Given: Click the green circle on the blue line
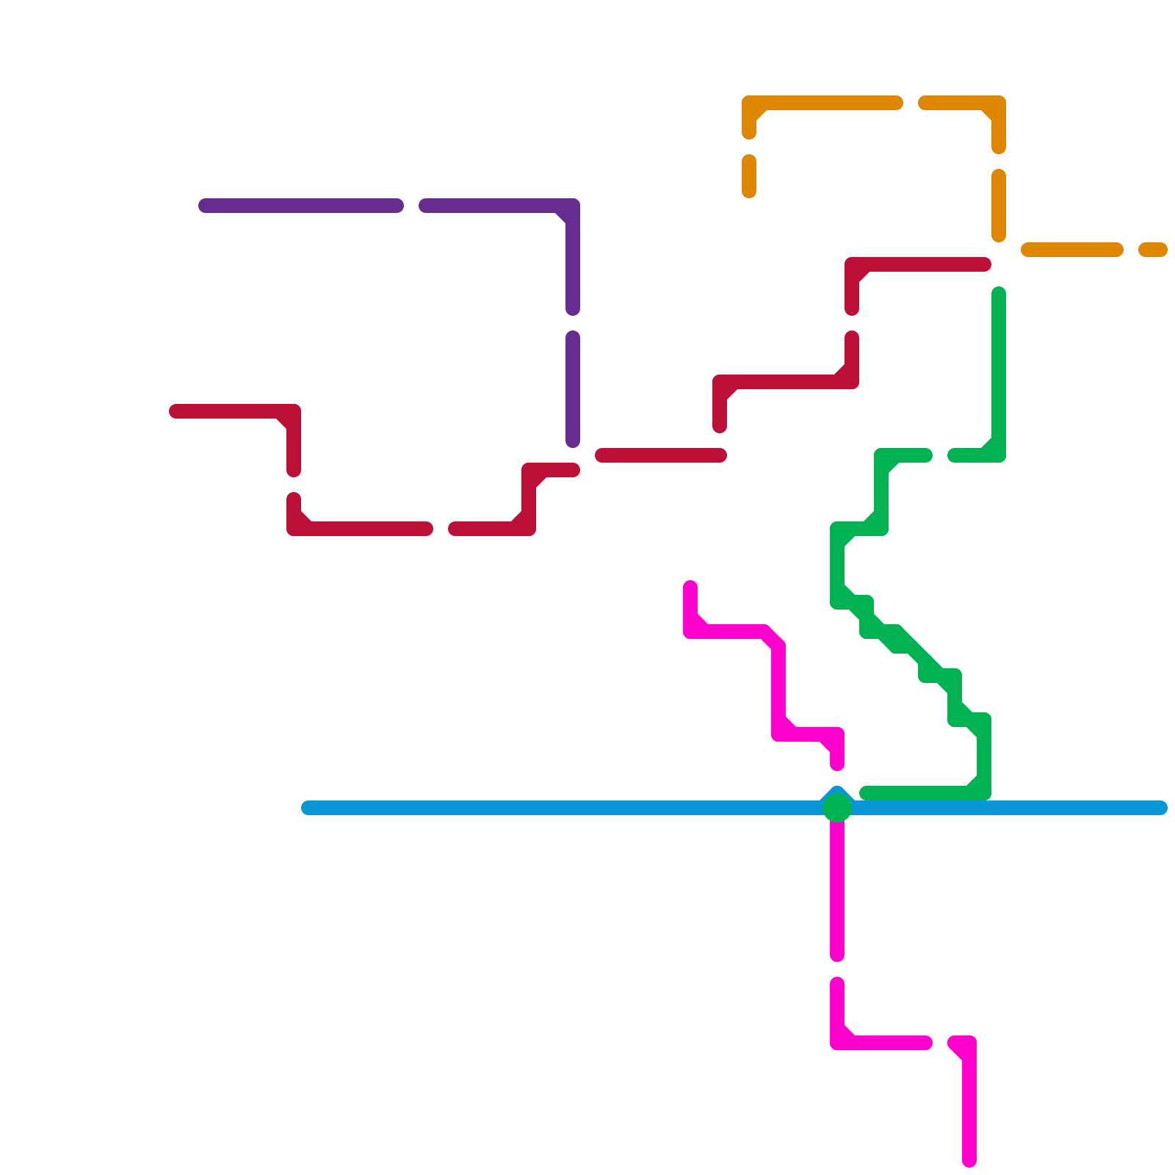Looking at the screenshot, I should click(x=837, y=808).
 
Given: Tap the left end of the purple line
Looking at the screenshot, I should click(x=205, y=206).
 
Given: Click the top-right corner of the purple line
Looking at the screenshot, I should click(x=572, y=206).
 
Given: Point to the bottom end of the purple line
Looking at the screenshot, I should click(x=573, y=441).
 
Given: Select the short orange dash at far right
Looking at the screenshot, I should click(x=1153, y=250).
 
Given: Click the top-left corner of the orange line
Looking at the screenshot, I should click(x=750, y=104).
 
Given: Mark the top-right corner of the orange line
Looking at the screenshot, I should click(x=998, y=104).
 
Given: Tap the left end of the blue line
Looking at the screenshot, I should click(x=308, y=808).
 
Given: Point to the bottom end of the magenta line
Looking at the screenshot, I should click(x=969, y=1161).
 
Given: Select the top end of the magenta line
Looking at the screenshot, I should click(x=690, y=587).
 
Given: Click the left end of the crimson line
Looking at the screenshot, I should click(x=176, y=411).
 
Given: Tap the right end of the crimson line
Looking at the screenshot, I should click(x=985, y=264).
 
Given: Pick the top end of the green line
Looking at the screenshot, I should click(x=999, y=294).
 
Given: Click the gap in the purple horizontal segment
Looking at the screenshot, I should click(x=411, y=206).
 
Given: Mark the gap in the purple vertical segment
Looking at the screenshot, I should click(x=573, y=323).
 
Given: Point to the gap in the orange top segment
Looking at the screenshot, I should click(x=911, y=103).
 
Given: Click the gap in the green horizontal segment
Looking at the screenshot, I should click(x=940, y=455).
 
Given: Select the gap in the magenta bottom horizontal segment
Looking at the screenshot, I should click(x=940, y=1043).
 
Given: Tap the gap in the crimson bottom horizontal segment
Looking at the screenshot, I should click(x=441, y=529).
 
